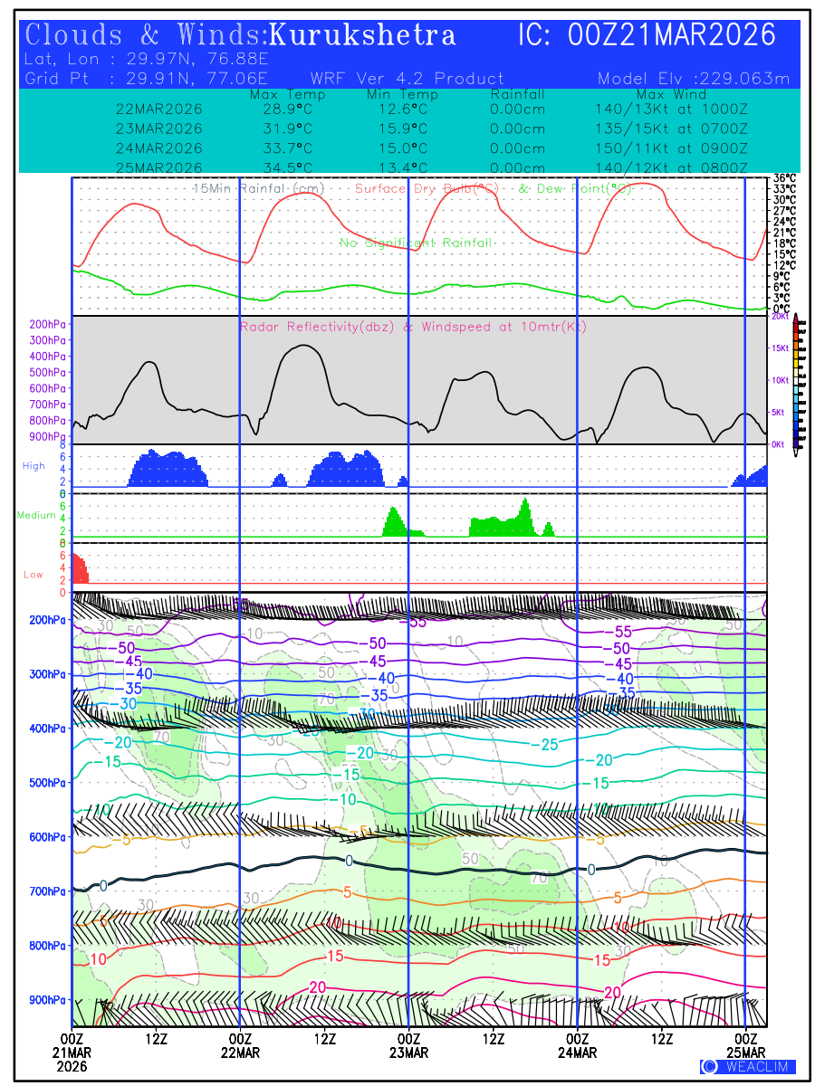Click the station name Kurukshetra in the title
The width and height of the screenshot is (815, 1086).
coord(362,35)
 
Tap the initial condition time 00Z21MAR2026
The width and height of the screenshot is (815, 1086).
coord(672,35)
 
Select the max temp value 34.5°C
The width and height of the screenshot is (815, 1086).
coord(282,168)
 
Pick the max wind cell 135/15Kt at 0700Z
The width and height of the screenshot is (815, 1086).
coord(666,129)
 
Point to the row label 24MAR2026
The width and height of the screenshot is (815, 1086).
coord(159,148)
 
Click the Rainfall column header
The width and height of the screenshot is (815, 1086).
coord(517,94)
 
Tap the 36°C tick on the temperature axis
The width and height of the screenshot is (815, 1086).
coord(784,178)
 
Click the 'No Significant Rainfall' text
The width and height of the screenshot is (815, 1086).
coord(416,243)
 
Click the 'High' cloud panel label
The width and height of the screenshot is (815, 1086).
coord(34,466)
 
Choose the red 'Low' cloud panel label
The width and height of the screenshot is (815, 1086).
coord(34,575)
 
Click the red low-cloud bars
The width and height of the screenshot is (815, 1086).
coord(80,570)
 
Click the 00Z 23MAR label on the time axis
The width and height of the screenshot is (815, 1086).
coord(408,1046)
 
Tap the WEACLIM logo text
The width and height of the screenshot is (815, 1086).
coord(749,1066)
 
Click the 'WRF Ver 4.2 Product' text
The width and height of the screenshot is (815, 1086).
coord(407,79)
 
